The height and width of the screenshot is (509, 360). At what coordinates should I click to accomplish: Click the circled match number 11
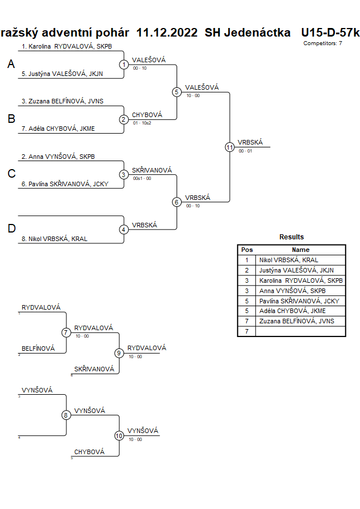click(x=230, y=147)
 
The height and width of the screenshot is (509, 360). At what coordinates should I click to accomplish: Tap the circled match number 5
click(x=177, y=92)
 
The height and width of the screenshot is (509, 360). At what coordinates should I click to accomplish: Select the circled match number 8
click(x=66, y=415)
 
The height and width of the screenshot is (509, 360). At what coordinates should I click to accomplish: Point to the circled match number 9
click(x=119, y=353)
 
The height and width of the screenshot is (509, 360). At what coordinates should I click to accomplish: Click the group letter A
click(x=11, y=65)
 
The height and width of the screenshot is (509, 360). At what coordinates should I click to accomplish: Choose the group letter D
click(x=11, y=229)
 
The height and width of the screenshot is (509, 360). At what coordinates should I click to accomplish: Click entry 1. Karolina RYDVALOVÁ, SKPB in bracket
click(x=62, y=46)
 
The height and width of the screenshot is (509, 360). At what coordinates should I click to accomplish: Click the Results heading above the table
click(x=291, y=237)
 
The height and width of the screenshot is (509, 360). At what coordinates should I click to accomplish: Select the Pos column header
click(x=247, y=250)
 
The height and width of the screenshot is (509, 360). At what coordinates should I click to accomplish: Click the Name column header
click(x=301, y=250)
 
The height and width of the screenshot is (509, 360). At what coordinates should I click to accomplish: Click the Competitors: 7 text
click(x=323, y=43)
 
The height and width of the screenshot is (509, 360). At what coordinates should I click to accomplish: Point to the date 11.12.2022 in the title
click(x=167, y=33)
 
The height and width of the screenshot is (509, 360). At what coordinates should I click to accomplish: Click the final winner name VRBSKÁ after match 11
click(x=250, y=142)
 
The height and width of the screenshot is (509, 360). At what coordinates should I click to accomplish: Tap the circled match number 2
click(x=123, y=119)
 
